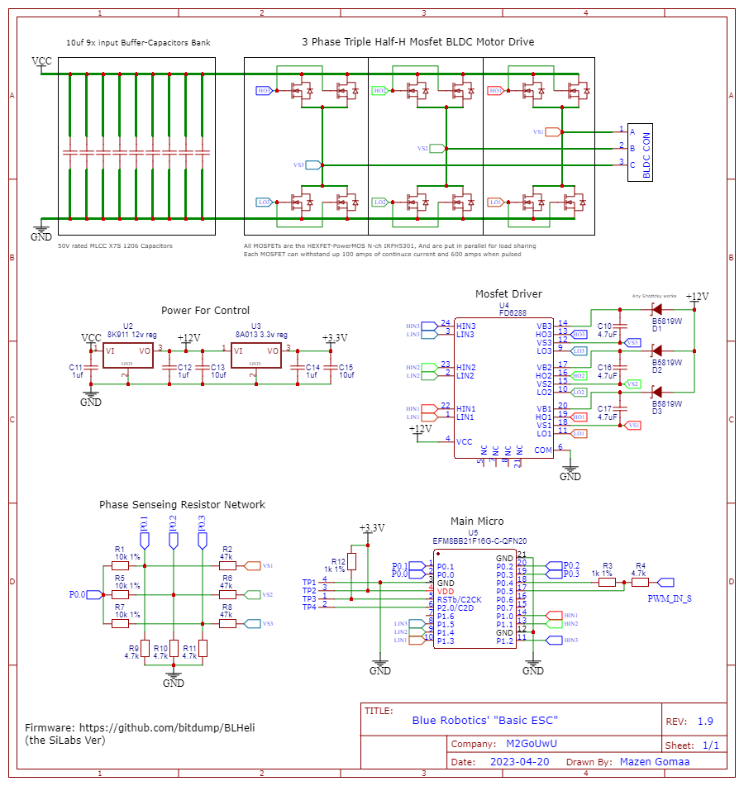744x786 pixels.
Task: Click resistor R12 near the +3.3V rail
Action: click(352, 562)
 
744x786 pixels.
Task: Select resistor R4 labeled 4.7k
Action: click(640, 582)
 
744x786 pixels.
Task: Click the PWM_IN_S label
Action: click(670, 598)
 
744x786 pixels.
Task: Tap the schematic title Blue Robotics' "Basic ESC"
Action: click(485, 720)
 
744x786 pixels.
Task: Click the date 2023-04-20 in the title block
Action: click(518, 761)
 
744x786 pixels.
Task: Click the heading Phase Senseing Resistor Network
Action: click(182, 504)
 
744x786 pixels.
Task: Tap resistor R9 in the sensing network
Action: click(145, 649)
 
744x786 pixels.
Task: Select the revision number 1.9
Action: click(704, 722)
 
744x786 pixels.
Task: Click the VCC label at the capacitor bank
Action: click(41, 61)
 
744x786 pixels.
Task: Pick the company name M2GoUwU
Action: click(532, 744)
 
